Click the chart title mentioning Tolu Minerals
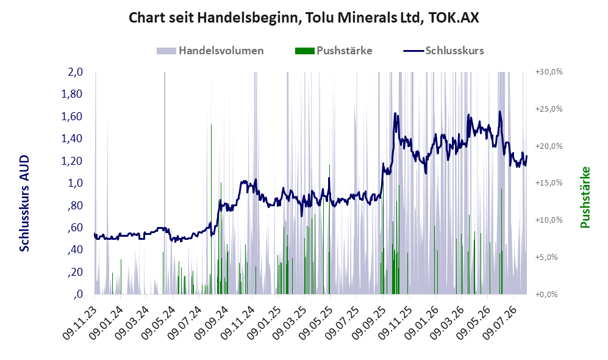[x=304, y=18]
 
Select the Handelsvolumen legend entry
[x=210, y=51]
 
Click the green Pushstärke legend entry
[x=334, y=51]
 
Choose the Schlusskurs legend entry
[x=443, y=51]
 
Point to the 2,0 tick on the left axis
[x=75, y=72]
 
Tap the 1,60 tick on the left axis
[x=72, y=117]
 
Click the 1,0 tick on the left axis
[x=75, y=183]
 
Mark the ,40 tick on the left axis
[x=75, y=250]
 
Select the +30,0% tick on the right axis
[x=549, y=72]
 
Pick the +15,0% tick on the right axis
[x=549, y=182]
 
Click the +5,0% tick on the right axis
[x=546, y=257]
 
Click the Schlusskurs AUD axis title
[x=24, y=203]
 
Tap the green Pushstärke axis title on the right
[x=585, y=197]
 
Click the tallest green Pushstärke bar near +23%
[x=212, y=209]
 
